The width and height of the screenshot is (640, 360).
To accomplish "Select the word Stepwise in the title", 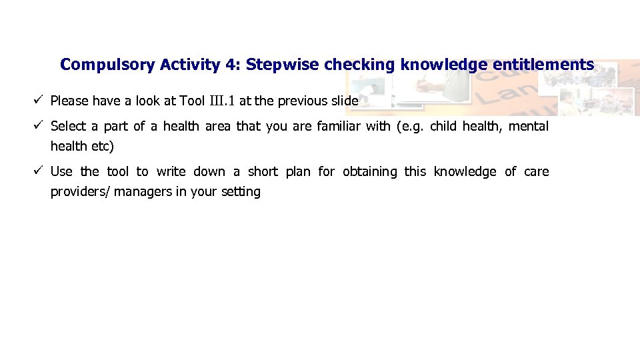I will tap(282, 65).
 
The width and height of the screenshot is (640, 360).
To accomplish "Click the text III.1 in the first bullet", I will tap(222, 101).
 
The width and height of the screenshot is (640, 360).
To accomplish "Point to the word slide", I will tap(345, 101).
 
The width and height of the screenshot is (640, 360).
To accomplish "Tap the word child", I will tap(443, 126).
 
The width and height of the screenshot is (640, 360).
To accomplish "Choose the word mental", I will tap(528, 126).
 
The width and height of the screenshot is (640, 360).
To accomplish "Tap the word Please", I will tap(69, 101).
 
